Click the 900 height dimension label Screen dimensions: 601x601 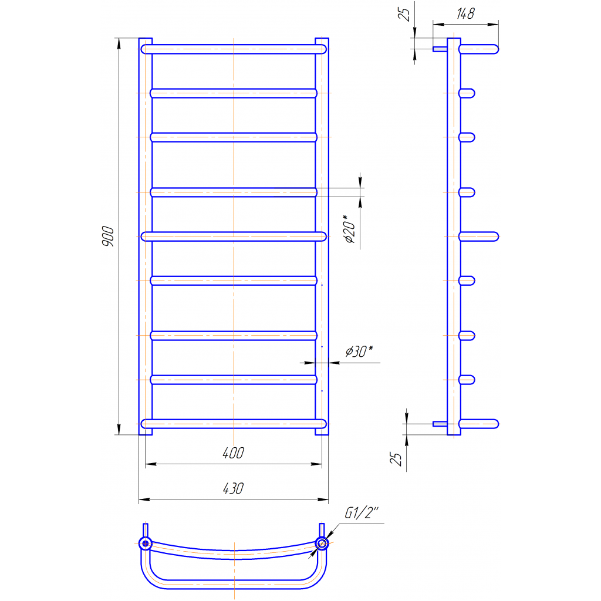pos(108,236)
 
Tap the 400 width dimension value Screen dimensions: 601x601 pos(233,453)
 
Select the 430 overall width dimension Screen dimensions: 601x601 pos(233,488)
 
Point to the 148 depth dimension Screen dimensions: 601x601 pos(465,14)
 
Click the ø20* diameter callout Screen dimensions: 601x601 pos(350,229)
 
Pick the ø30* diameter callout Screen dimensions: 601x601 pos(359,351)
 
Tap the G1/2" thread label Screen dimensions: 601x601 pos(361,512)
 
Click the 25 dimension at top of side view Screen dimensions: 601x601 pos(404,14)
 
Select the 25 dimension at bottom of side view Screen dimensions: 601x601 pos(396,458)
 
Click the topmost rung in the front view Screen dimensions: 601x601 pos(234,49)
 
